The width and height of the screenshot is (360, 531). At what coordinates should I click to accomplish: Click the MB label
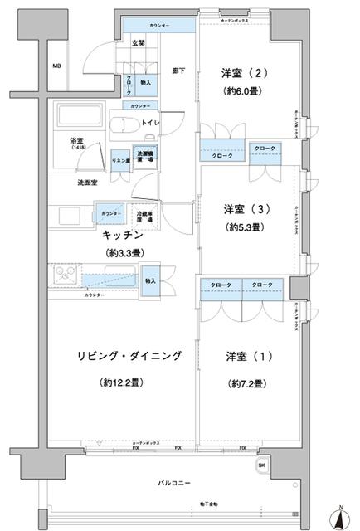pos(57,66)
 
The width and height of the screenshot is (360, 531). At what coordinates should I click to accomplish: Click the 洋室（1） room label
pos(241,356)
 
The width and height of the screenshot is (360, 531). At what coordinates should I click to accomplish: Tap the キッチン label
pos(120,235)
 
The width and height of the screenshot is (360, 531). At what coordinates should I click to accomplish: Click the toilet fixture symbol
pos(127,125)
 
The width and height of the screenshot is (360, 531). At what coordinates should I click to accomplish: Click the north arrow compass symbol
pos(341,516)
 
